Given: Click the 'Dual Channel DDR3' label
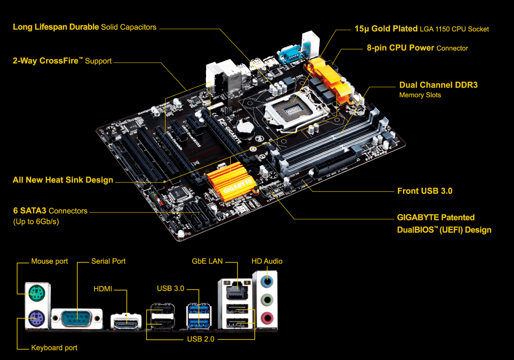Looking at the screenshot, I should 438,85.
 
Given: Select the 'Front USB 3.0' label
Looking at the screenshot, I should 425,191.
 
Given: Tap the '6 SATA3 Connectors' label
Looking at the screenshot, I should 50,211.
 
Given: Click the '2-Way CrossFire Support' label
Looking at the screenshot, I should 62,61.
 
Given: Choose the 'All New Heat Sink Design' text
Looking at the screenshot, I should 63,180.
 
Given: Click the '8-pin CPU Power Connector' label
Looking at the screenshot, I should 417,48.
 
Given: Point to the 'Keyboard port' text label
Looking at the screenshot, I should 54,348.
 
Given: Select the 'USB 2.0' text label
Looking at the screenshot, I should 201,339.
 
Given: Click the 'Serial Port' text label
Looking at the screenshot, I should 108,261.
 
